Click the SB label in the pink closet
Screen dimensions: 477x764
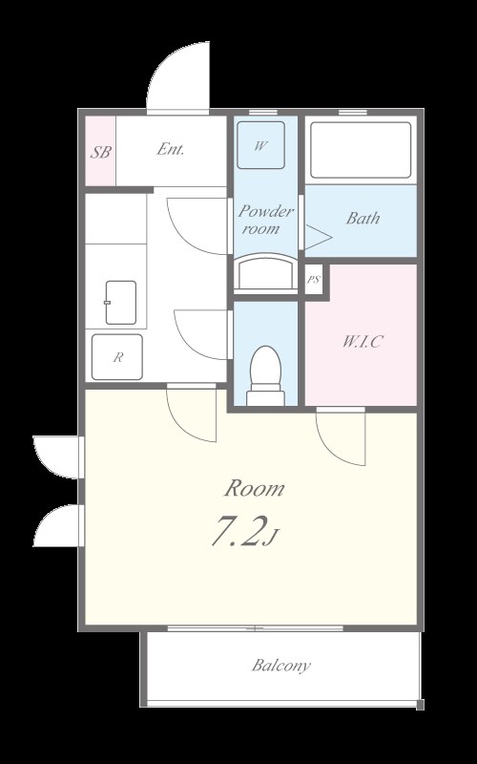101,152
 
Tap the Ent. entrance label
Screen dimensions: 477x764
171,149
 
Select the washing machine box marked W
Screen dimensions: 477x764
260,145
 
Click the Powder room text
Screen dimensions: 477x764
266,220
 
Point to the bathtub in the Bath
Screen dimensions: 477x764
361,150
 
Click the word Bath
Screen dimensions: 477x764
363,218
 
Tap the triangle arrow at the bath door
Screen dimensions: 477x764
319,237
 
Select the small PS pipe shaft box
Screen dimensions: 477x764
314,280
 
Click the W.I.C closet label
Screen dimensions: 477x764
362,342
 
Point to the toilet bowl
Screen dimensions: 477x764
265,375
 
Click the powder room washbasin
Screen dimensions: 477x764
265,272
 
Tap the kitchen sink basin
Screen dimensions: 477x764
121,302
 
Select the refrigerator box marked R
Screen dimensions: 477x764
117,357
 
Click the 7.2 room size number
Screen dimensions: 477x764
239,531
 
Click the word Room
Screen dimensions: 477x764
254,488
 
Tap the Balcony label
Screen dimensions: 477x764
280,665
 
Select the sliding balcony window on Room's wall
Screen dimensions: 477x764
256,628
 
